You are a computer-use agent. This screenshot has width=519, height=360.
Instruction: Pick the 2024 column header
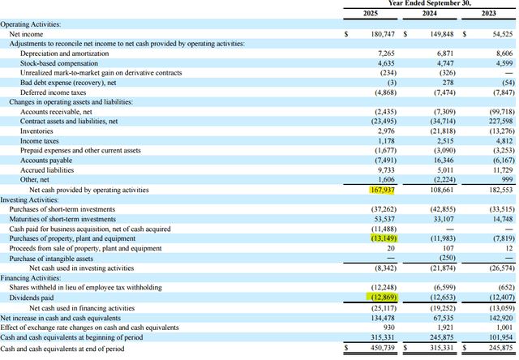point(430,15)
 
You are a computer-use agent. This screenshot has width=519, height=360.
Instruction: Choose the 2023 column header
point(489,15)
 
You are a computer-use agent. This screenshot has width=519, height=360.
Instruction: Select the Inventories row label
point(36,130)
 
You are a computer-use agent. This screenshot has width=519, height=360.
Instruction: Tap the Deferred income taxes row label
point(54,92)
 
